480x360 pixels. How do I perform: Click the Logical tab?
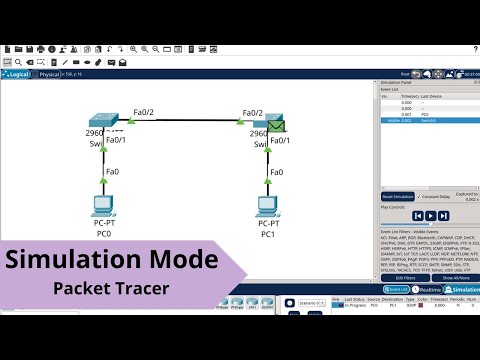(19, 74)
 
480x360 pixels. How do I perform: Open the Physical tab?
(49, 74)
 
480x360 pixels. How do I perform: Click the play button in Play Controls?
(429, 215)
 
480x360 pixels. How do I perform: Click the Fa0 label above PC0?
(112, 172)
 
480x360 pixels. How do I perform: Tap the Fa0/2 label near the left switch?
(142, 113)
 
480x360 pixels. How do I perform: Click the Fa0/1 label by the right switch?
(280, 139)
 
